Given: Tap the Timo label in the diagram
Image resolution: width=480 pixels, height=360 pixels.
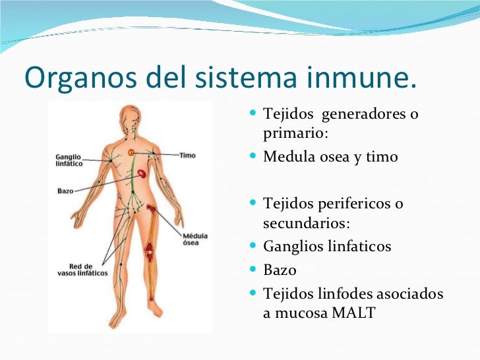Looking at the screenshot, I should (x=187, y=155).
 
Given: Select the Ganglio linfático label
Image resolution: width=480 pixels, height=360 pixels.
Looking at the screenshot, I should (x=69, y=160).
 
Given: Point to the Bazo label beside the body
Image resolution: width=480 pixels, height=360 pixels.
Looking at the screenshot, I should (x=65, y=191).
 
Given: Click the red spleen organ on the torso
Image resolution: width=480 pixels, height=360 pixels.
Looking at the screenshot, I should (x=142, y=175).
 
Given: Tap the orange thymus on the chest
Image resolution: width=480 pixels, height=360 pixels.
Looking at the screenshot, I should (x=131, y=152).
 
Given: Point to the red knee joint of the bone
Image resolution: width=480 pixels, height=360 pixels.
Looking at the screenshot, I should (x=152, y=251).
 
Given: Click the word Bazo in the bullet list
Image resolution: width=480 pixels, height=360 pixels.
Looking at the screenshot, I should (x=280, y=270).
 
